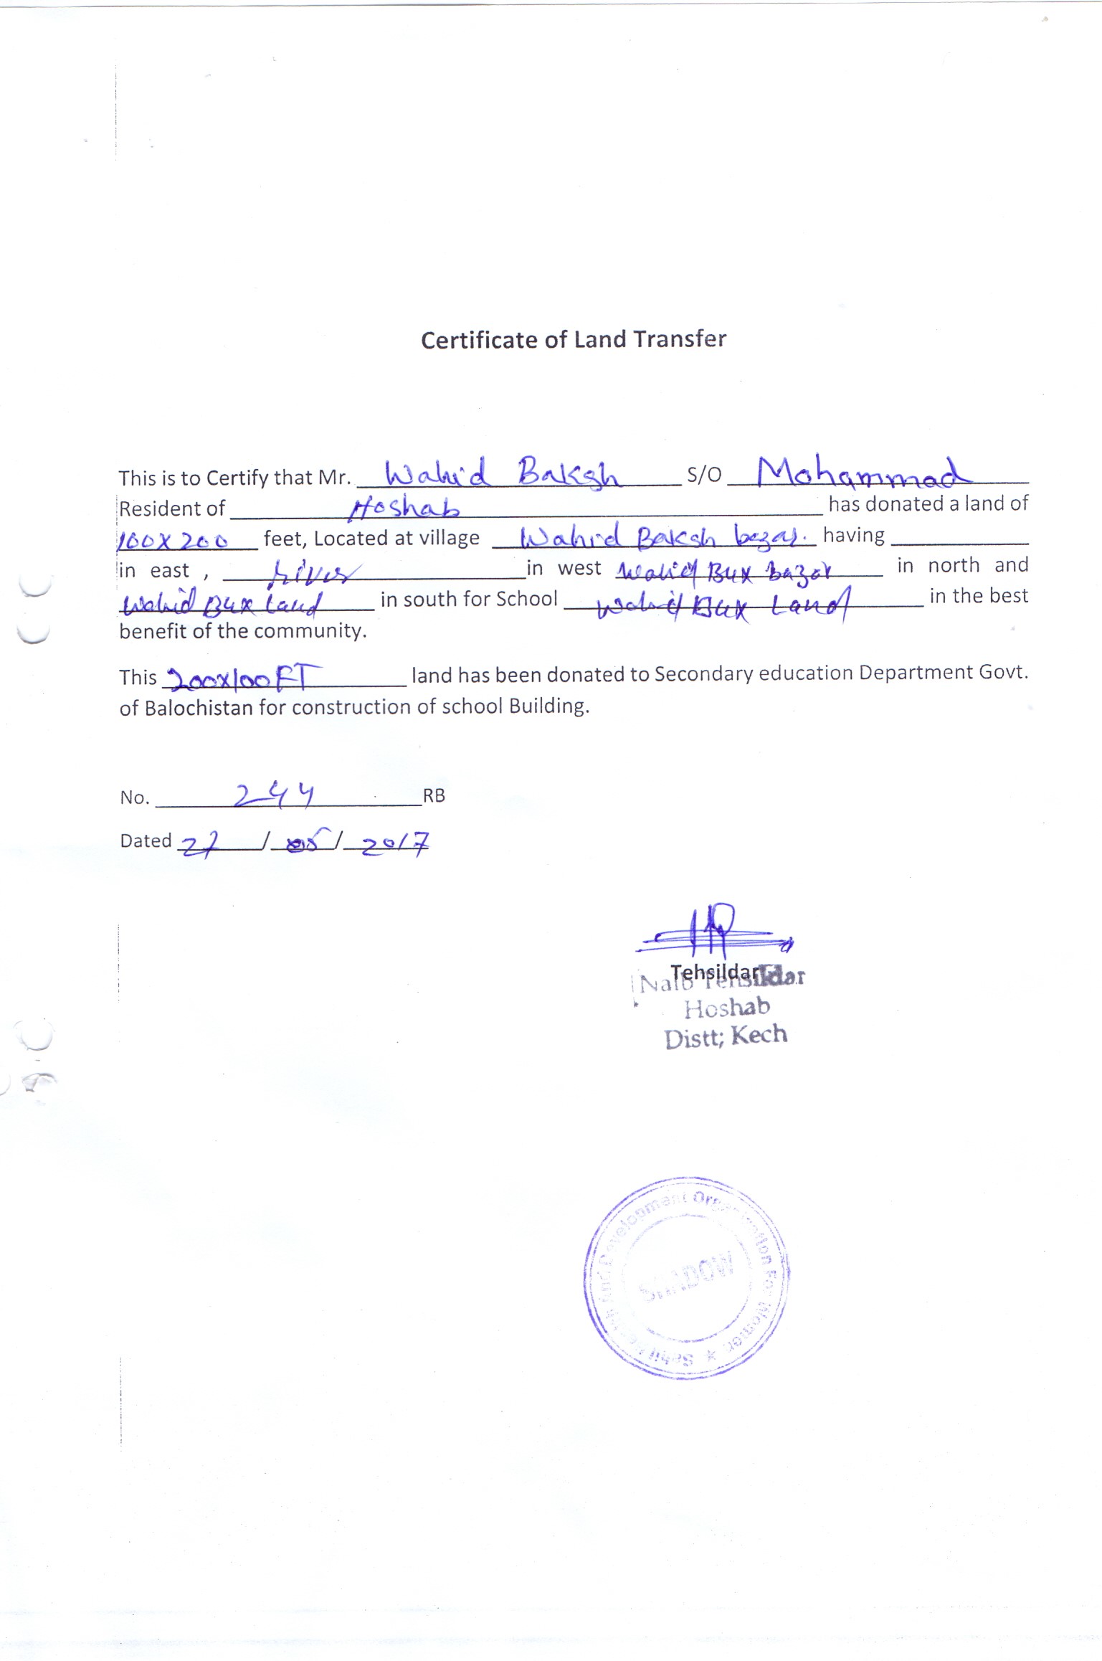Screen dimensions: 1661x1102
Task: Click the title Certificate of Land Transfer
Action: click(x=573, y=339)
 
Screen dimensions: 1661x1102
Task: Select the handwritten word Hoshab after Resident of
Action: click(x=404, y=507)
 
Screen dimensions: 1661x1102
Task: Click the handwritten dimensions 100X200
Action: click(x=173, y=540)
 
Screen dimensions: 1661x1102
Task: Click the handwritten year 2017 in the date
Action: click(x=394, y=845)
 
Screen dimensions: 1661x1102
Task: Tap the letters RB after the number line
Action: click(x=434, y=796)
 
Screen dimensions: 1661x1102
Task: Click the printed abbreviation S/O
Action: click(x=704, y=474)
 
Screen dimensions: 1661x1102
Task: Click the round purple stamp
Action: click(x=685, y=1277)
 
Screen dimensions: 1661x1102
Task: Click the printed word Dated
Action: click(x=146, y=841)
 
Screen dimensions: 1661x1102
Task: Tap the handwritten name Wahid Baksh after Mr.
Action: click(x=501, y=474)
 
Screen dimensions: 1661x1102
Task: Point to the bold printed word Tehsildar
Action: click(x=714, y=973)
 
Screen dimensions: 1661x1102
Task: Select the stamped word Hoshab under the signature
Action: click(x=726, y=1008)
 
